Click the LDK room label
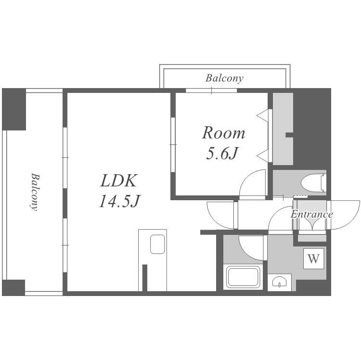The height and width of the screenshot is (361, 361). coord(119,180)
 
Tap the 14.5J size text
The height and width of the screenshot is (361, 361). coord(119,201)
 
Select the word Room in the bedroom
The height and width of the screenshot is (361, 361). coord(223,133)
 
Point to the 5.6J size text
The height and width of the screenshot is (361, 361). coord(222,153)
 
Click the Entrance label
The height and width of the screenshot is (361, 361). coord(311,214)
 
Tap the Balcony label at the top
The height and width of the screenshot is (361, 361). coord(224,78)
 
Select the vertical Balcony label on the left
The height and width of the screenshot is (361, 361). coord(35,192)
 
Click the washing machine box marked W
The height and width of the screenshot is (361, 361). coord(313,258)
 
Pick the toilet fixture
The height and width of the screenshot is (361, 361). coord(313,183)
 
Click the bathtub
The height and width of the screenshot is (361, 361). coord(243,277)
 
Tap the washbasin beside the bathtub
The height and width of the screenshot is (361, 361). coord(279,282)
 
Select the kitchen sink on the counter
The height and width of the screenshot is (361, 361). coord(157,244)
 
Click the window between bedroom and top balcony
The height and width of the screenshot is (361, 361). coord(211,90)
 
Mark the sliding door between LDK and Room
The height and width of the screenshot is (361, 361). coord(173,144)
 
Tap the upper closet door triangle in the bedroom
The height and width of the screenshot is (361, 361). coord(263,116)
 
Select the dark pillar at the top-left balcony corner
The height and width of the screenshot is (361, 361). coord(14,109)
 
